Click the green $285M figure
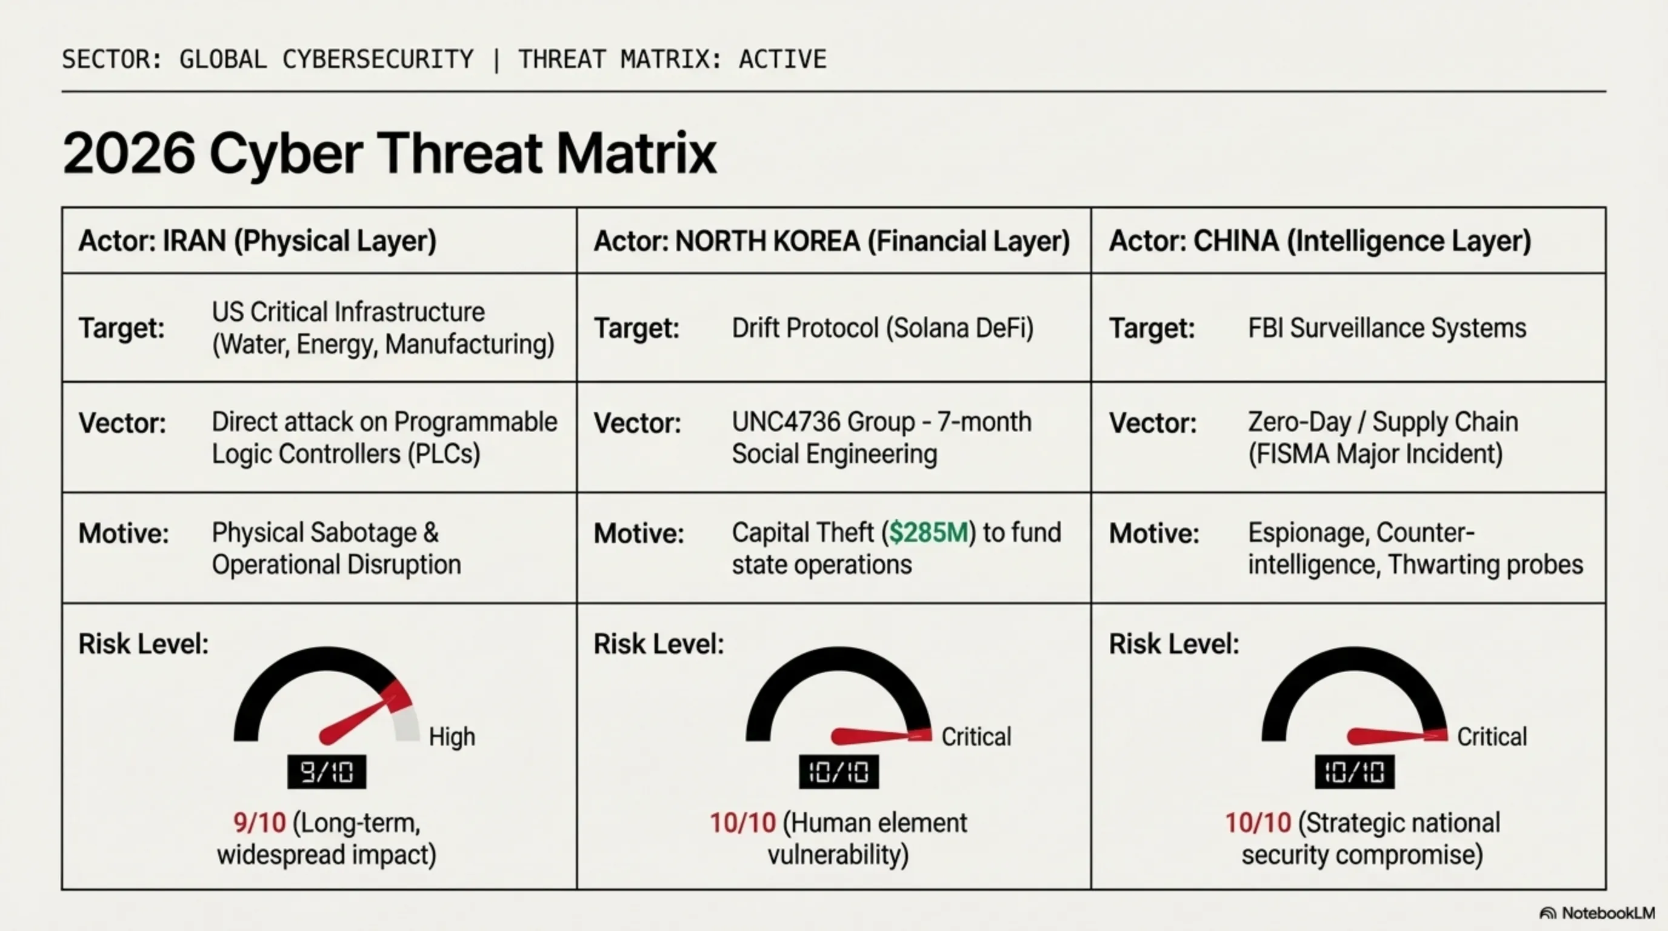click(x=928, y=533)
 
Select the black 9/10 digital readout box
click(x=326, y=772)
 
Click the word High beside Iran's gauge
click(x=452, y=737)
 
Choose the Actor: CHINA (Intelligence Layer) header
click(x=1319, y=241)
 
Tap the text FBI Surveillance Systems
click(x=1386, y=329)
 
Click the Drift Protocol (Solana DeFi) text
click(x=882, y=329)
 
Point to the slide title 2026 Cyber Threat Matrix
click(x=389, y=153)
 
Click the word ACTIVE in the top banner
click(x=782, y=59)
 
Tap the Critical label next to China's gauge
click(x=1491, y=737)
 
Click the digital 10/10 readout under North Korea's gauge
click(x=838, y=772)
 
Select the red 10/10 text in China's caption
click(x=1258, y=824)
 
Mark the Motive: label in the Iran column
click(x=123, y=534)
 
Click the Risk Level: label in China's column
click(x=1173, y=644)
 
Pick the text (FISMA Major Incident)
click(x=1375, y=454)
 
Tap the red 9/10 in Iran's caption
click(x=259, y=824)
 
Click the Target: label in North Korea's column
click(x=636, y=329)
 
